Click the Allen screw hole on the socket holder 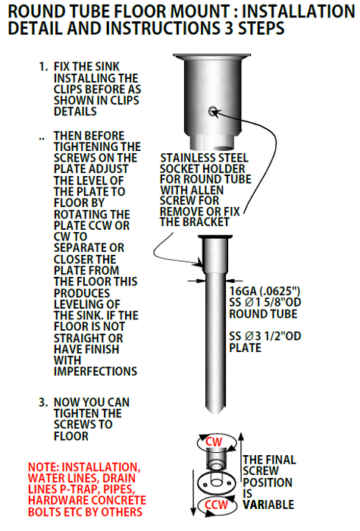213,111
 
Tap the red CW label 214,441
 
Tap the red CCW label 217,504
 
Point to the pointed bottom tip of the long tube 214,412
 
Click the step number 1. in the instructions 44,67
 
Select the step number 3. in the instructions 43,402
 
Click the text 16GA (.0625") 265,291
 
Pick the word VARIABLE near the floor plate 268,504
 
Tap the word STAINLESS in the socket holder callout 186,158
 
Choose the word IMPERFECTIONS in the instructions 95,372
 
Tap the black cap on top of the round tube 215,237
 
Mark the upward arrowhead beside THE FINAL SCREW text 241,437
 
